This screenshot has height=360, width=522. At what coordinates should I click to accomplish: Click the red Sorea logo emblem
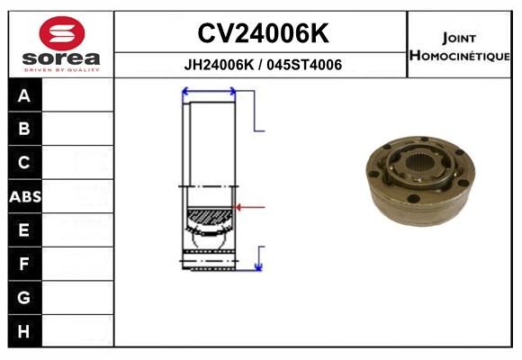(x=62, y=33)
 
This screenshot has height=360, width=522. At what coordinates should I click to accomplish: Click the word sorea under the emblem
(x=61, y=58)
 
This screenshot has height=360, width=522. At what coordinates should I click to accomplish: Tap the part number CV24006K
(x=263, y=33)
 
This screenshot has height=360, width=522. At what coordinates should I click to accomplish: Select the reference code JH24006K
(x=219, y=65)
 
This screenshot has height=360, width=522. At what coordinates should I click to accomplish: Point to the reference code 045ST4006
(x=304, y=65)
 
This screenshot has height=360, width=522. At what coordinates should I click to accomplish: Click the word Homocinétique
(x=459, y=56)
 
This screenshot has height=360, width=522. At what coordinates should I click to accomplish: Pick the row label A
(x=24, y=96)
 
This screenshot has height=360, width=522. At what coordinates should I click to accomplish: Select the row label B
(x=24, y=129)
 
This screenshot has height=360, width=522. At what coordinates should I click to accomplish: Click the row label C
(x=24, y=163)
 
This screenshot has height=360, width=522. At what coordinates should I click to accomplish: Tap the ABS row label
(x=25, y=197)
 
